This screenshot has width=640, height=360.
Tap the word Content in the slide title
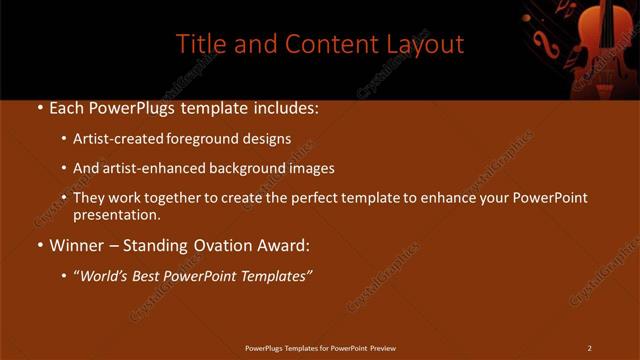click(325, 44)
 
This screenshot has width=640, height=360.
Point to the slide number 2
click(589, 348)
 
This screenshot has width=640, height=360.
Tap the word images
click(308, 169)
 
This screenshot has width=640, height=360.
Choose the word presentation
click(116, 214)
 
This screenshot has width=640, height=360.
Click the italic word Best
click(149, 274)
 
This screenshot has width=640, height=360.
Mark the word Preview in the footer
click(383, 348)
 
